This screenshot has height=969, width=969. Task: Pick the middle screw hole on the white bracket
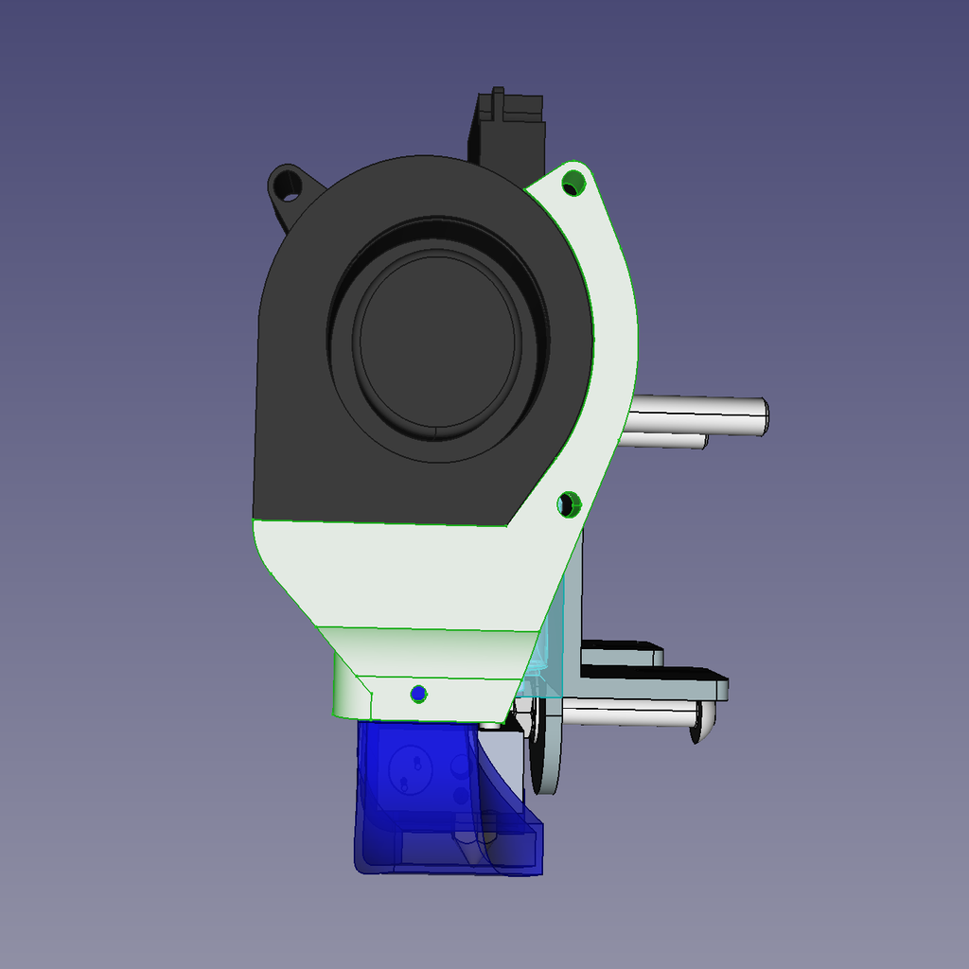pos(568,504)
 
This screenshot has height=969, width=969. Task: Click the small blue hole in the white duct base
pos(419,694)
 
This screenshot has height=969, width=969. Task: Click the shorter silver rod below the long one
pos(667,440)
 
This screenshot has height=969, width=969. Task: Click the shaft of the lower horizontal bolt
pos(625,714)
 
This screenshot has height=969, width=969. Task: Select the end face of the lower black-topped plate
pos(721,689)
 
